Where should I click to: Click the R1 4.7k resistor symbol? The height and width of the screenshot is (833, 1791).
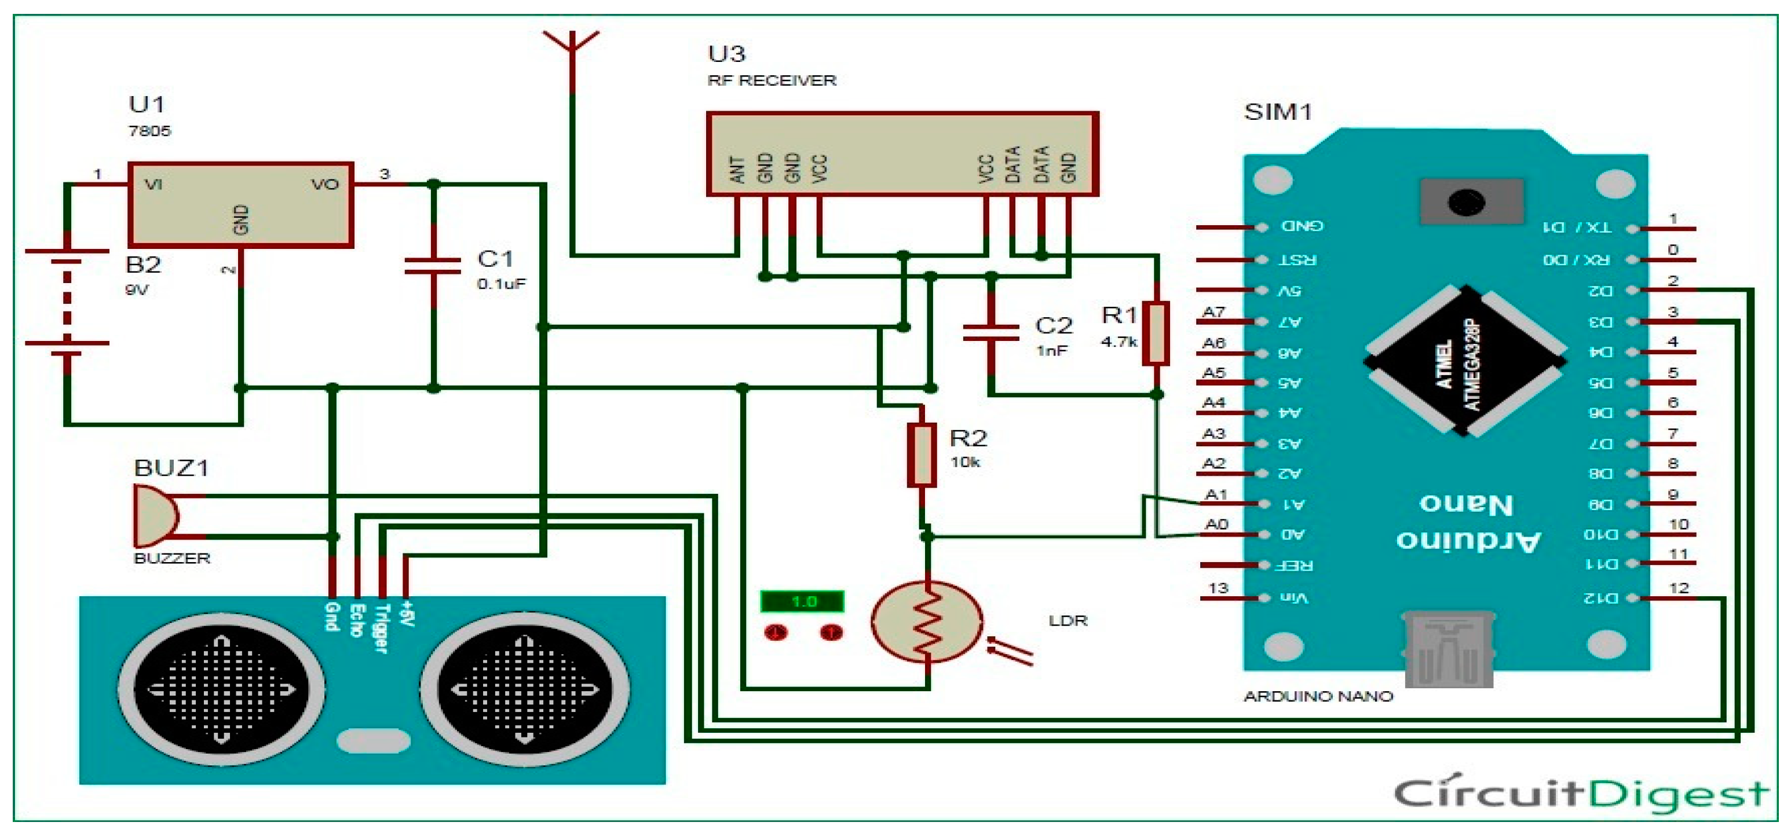click(1156, 333)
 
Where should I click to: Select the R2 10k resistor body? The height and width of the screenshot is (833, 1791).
click(921, 456)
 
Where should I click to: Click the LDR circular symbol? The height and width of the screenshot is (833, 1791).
click(927, 621)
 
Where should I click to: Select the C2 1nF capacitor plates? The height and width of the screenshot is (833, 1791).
click(990, 333)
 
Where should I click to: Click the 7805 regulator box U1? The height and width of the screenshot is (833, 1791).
click(240, 205)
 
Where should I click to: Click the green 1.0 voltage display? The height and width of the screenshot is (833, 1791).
click(802, 601)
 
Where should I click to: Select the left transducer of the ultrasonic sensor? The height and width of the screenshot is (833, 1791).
click(221, 690)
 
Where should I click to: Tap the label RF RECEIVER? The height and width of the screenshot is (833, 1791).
click(772, 80)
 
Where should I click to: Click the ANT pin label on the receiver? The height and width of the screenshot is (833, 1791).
click(737, 170)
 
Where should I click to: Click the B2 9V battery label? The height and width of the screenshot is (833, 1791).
click(143, 265)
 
